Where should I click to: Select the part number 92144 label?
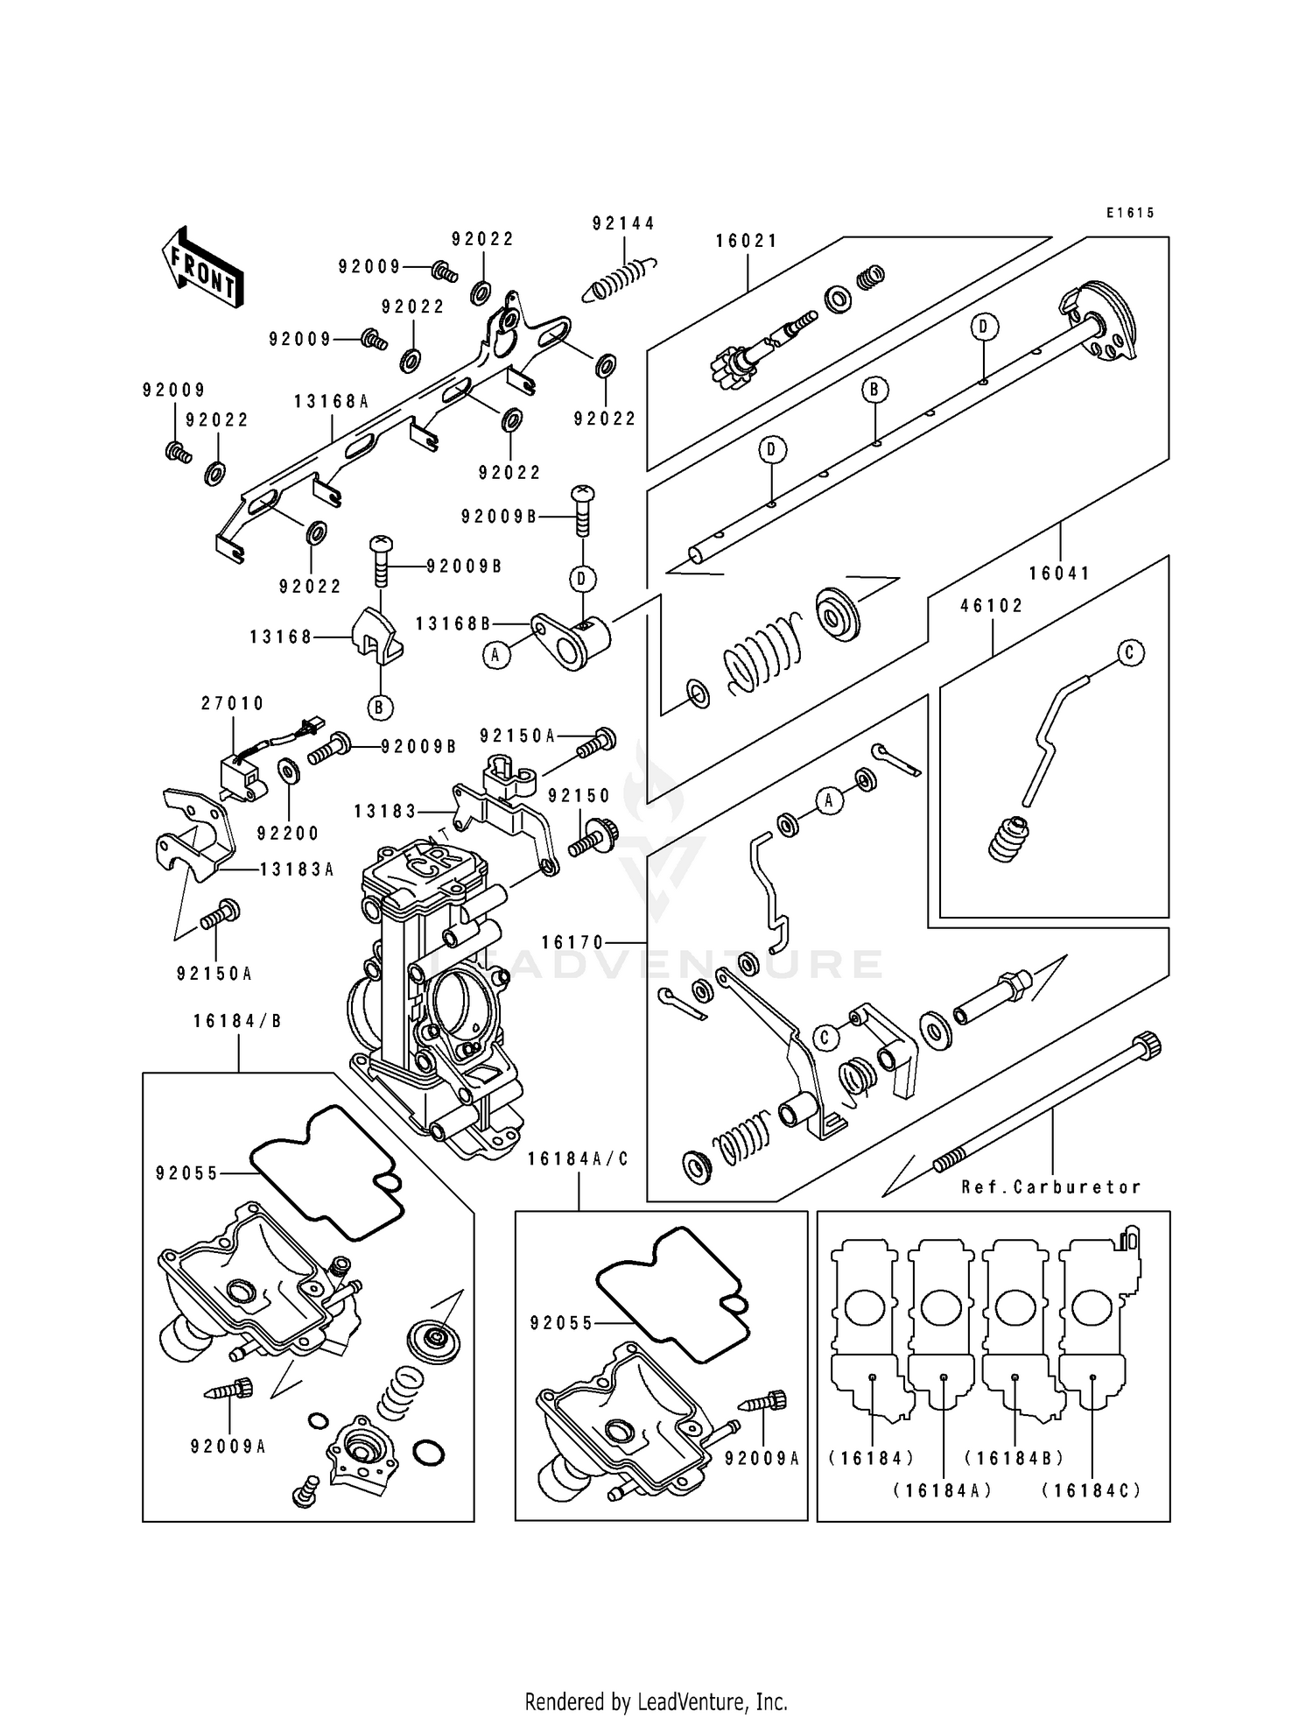tap(623, 224)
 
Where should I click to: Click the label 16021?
tap(747, 242)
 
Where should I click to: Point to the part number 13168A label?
tap(332, 402)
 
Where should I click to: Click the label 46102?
tap(992, 606)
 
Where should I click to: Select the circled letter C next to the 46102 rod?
tap(1129, 652)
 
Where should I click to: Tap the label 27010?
tap(233, 703)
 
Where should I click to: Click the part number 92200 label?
tap(289, 834)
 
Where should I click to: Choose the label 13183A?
tap(297, 870)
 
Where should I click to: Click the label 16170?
tap(573, 943)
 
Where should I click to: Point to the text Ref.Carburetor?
tap(1051, 1187)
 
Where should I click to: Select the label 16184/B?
tap(238, 1021)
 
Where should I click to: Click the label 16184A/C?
tap(579, 1158)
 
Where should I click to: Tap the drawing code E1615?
tap(1130, 213)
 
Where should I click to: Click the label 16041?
tap(1060, 574)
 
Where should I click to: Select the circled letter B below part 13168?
tap(380, 708)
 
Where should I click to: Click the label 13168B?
tap(453, 623)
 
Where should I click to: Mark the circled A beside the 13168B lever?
tap(497, 655)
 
